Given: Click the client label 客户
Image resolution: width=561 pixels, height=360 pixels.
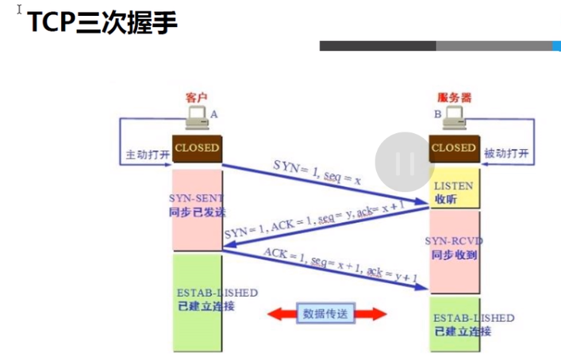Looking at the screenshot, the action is (196, 98).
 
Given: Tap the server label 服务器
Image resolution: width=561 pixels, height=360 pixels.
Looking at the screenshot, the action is (454, 98).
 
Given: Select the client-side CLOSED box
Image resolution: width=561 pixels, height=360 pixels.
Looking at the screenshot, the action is (196, 147).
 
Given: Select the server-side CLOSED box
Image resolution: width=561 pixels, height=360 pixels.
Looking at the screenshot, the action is (454, 147).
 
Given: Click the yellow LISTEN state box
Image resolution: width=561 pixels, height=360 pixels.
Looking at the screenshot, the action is (455, 190).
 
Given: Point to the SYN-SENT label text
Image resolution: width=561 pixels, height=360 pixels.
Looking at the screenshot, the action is (197, 197).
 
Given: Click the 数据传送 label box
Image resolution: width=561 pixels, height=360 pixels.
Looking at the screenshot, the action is (326, 313).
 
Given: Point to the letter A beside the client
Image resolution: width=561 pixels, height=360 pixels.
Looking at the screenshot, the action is (214, 114).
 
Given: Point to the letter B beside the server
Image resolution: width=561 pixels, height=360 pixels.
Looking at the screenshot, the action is (436, 114).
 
